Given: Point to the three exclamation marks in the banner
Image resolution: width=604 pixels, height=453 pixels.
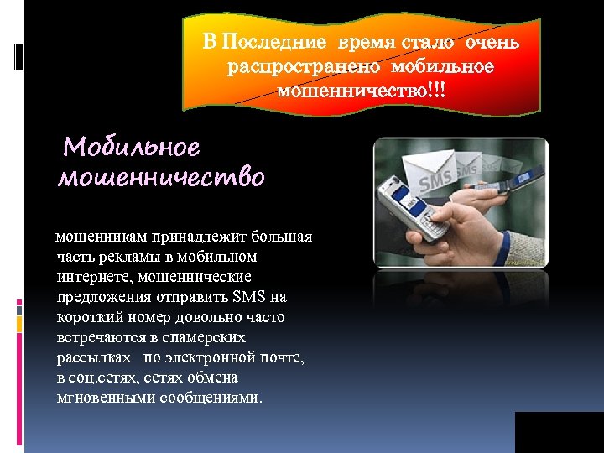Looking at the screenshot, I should (x=435, y=89).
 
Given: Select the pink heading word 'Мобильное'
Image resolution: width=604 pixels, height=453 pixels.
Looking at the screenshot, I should (x=133, y=148).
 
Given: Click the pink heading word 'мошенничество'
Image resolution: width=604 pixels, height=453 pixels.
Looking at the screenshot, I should (x=161, y=178).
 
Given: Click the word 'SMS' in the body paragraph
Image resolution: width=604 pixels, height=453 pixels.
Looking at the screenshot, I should (x=249, y=297).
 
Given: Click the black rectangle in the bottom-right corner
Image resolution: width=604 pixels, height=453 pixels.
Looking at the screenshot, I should (x=559, y=432).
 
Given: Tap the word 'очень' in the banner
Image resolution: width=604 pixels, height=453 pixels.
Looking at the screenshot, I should (x=493, y=43).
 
